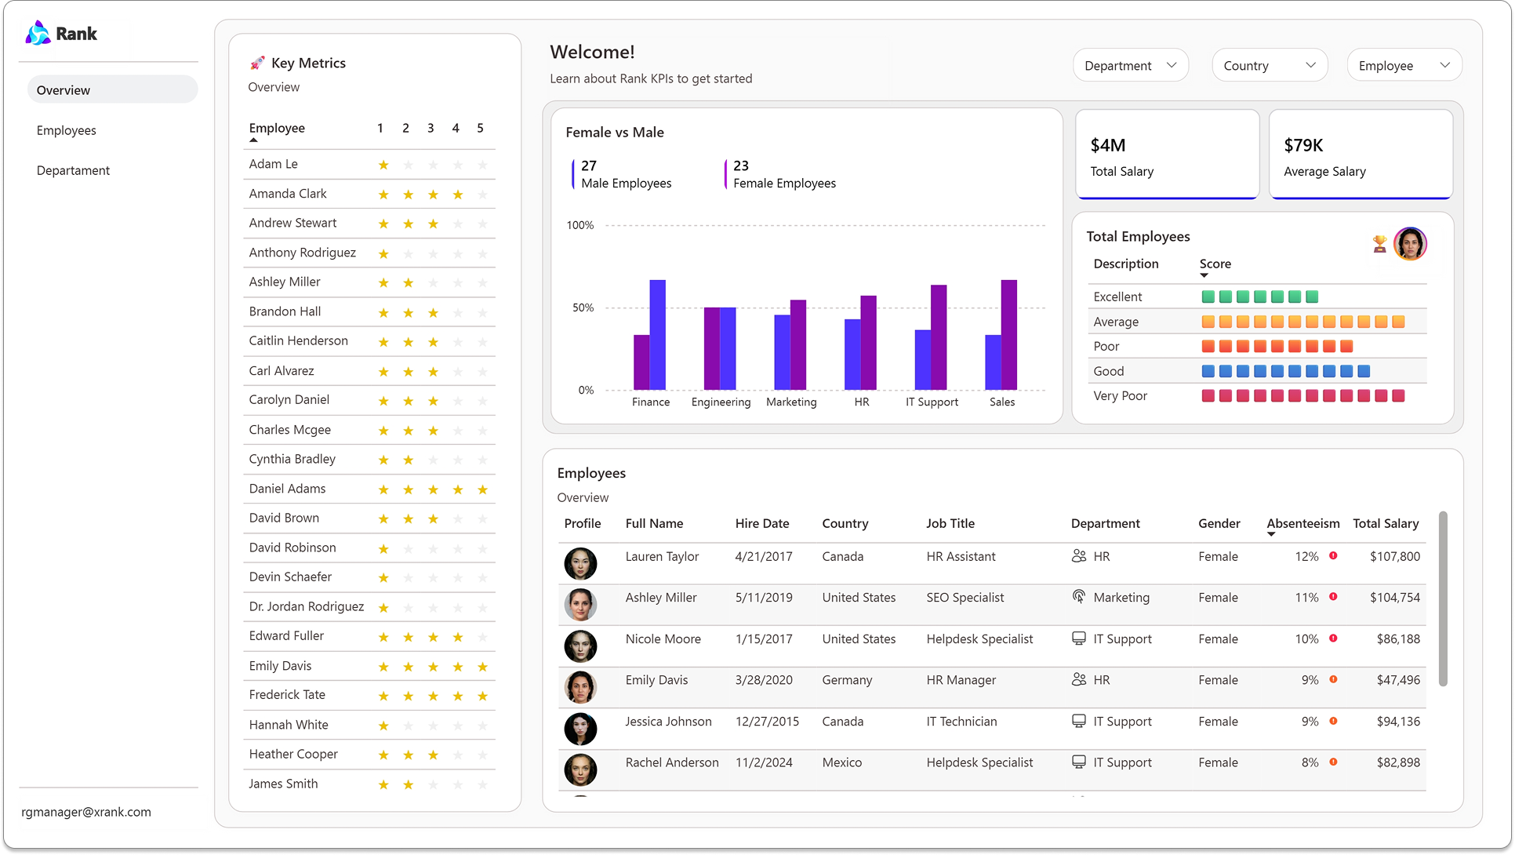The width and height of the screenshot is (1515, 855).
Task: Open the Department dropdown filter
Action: (1130, 66)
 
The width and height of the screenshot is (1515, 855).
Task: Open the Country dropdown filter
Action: (1269, 66)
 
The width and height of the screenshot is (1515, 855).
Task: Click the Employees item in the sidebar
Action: (67, 130)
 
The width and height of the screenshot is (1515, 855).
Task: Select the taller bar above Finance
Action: (657, 335)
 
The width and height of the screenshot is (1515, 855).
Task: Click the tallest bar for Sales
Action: (1008, 335)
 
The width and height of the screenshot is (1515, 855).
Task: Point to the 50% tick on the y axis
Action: (583, 307)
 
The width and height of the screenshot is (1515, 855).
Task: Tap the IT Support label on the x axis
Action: (932, 402)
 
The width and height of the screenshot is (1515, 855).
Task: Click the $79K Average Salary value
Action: (1303, 145)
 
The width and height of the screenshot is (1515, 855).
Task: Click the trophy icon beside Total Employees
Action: (1379, 244)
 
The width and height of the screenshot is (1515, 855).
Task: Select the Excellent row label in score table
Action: (1117, 297)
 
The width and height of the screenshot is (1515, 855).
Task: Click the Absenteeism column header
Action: (1302, 523)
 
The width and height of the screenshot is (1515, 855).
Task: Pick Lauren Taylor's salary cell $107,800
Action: (1394, 556)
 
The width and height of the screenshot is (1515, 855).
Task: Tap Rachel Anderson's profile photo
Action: (580, 769)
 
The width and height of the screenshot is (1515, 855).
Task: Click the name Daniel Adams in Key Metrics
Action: (287, 489)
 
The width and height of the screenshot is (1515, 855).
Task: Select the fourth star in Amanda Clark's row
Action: (458, 195)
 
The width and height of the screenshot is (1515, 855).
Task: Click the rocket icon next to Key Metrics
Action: (257, 63)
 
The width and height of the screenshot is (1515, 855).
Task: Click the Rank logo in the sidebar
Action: (61, 34)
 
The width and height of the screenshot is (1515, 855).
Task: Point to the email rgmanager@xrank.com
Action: (86, 812)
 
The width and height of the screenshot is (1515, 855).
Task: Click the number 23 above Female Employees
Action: (740, 166)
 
